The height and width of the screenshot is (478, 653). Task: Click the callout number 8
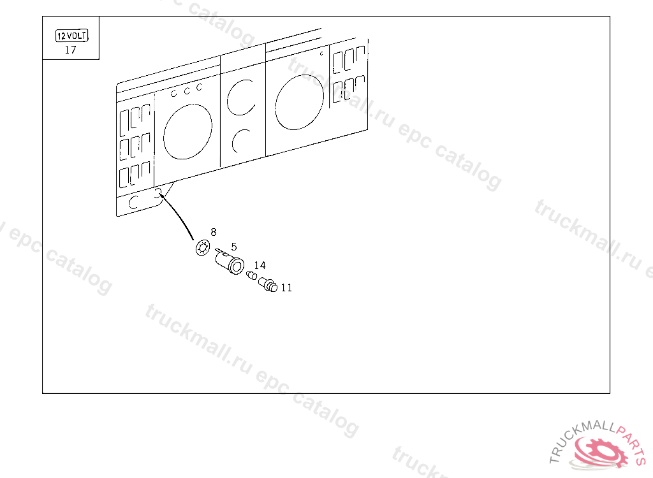click(x=214, y=232)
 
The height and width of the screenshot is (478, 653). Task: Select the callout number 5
click(x=234, y=246)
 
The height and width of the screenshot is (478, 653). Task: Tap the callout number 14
click(x=260, y=265)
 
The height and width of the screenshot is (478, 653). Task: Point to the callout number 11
click(x=286, y=288)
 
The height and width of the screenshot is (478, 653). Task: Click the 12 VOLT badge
click(x=71, y=36)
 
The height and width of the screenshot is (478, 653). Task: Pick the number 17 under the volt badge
click(x=70, y=50)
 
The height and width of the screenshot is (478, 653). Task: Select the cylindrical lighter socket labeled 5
click(x=230, y=262)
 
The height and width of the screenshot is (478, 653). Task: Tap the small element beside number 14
click(x=251, y=275)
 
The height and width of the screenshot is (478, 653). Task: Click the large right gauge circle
click(x=299, y=101)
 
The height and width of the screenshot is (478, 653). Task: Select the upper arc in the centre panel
click(x=241, y=97)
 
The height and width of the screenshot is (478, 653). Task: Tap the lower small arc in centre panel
click(x=241, y=140)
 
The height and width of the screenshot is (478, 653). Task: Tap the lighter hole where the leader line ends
click(x=159, y=192)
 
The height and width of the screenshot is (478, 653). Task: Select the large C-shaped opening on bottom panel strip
click(x=134, y=203)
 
